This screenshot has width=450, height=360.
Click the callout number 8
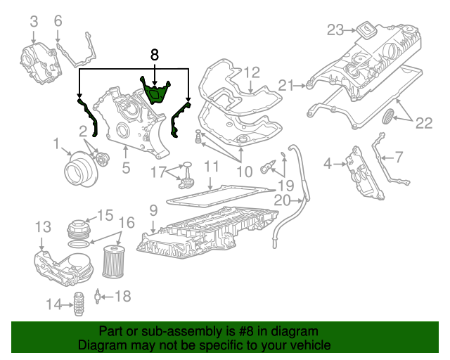click(x=155, y=53)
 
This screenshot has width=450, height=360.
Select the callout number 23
click(x=335, y=30)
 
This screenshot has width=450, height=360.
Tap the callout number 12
click(x=252, y=72)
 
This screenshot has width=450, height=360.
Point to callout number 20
click(x=282, y=201)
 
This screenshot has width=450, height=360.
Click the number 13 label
click(x=42, y=226)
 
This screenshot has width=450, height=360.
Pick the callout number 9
click(x=153, y=210)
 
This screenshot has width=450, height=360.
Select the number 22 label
click(x=423, y=124)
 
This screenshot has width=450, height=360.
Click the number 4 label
click(x=327, y=164)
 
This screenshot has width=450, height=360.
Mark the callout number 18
click(x=122, y=297)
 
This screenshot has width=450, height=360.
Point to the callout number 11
click(x=212, y=167)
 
